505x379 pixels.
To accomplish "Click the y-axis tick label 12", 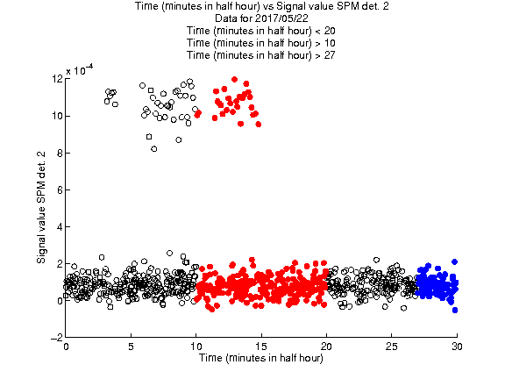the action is point(57,79).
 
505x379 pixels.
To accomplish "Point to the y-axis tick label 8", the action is point(60,153).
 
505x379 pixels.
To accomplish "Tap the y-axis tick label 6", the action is point(60,190).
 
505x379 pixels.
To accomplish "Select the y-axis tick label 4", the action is point(60,227).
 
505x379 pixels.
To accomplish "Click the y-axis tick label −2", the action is point(57,338).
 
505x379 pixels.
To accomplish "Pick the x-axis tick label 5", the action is point(131,347).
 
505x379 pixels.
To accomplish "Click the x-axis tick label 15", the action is point(261,347).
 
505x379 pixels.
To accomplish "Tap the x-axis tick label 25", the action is point(391,347).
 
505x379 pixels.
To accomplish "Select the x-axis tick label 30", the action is point(457,347).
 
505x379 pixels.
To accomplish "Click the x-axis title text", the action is point(261,358).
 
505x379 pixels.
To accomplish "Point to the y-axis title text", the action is point(41,208).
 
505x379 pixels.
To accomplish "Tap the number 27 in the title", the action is point(330,55).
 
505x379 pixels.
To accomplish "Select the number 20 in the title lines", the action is point(330,31).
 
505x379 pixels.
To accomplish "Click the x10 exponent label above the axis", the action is point(80,69).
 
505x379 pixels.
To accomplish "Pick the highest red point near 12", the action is point(234,79).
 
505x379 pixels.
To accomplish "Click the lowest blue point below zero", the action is point(455,310).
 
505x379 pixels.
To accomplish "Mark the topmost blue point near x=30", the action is point(454,261).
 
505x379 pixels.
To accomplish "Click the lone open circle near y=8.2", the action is point(154,149).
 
